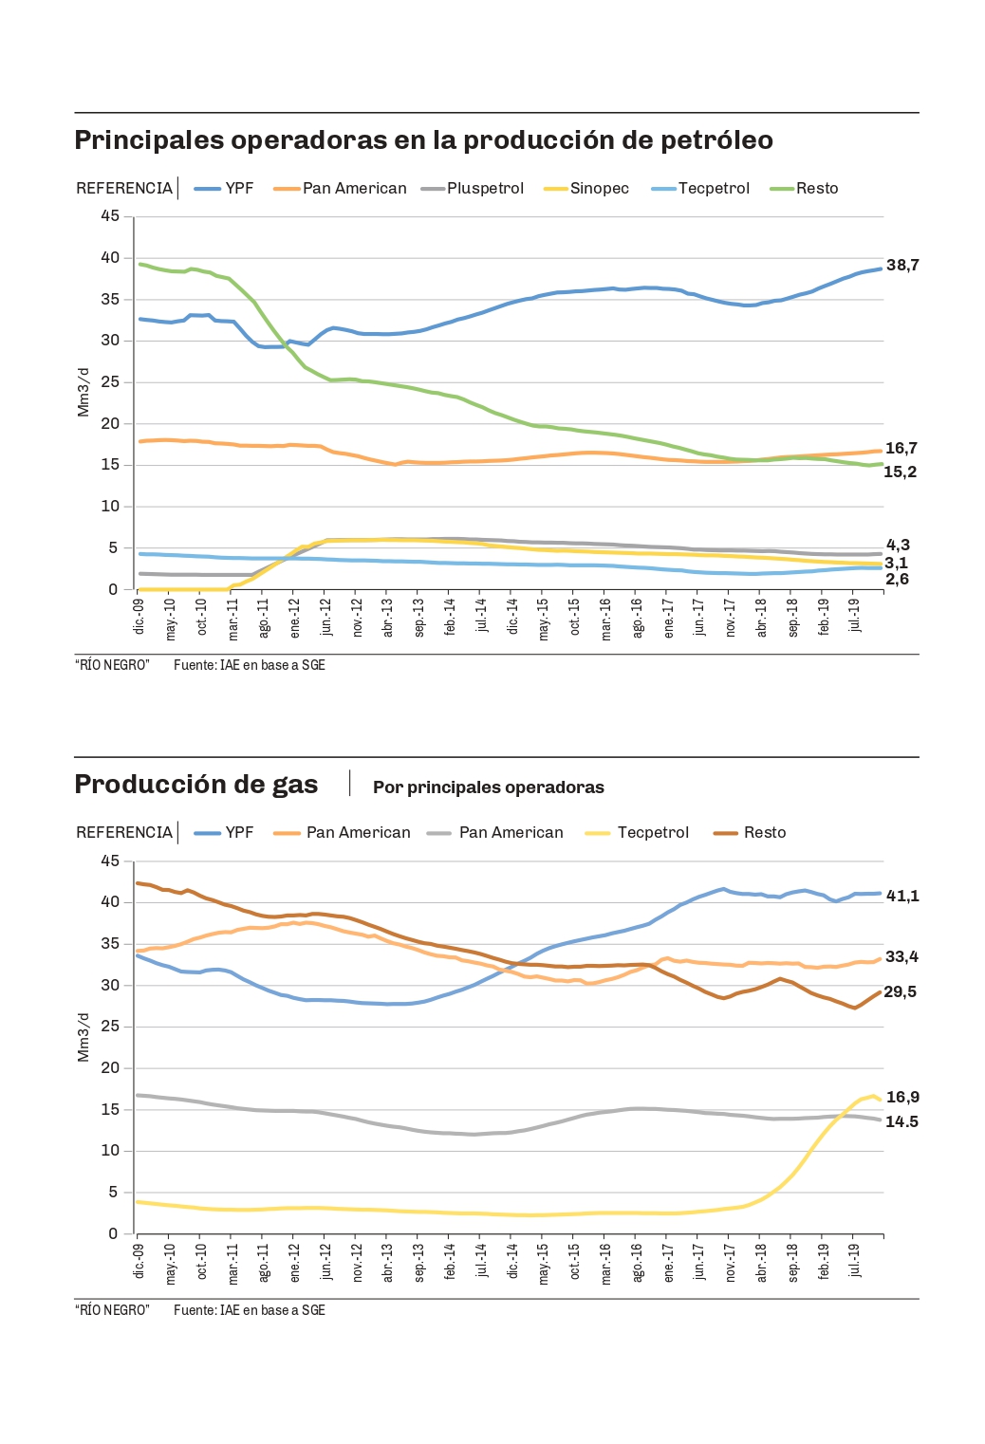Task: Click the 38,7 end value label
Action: (902, 266)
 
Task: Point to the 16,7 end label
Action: (901, 449)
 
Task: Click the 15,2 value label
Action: (900, 472)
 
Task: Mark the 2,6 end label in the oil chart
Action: (897, 580)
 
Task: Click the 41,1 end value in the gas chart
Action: (902, 897)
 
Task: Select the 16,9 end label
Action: (902, 1098)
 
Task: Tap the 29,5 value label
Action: (900, 992)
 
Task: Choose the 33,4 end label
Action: (901, 957)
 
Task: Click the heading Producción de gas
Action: (196, 785)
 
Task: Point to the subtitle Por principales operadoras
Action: (488, 787)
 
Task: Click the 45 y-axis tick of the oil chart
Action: (110, 216)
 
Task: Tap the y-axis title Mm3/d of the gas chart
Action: (84, 1037)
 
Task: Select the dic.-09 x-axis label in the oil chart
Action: (139, 616)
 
